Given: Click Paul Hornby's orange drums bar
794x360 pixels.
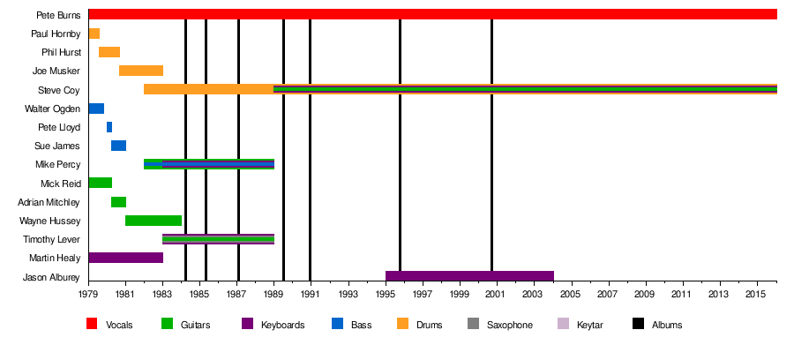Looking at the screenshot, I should coord(94,34).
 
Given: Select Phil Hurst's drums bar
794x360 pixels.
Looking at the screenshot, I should coord(109,52).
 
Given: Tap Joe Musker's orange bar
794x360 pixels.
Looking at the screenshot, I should coord(141,71).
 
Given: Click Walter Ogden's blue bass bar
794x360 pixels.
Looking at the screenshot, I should coord(96,109).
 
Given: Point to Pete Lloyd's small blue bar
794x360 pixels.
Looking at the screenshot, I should coord(109,127).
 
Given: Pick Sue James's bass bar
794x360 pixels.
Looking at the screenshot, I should coord(118,146).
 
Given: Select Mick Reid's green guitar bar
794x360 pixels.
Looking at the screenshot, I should coord(101,183).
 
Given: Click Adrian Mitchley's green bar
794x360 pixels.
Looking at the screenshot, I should coord(118,202).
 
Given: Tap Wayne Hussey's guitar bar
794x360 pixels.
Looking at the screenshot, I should coord(154,221).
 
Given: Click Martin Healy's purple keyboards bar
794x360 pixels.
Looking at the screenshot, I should coord(126,258).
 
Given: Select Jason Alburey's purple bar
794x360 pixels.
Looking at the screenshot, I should coord(469,276).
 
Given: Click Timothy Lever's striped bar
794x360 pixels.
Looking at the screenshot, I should coord(218,239).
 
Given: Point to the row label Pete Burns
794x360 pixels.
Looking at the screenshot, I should coord(59,15).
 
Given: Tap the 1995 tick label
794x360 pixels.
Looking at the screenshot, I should coord(386,294).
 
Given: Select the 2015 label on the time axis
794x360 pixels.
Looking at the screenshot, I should coord(755,294).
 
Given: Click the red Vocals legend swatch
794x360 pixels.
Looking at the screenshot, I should coord(92,325).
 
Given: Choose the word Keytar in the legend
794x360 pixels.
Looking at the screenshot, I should coord(590,325).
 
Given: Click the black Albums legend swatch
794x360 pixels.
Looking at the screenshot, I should coord(638,325).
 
